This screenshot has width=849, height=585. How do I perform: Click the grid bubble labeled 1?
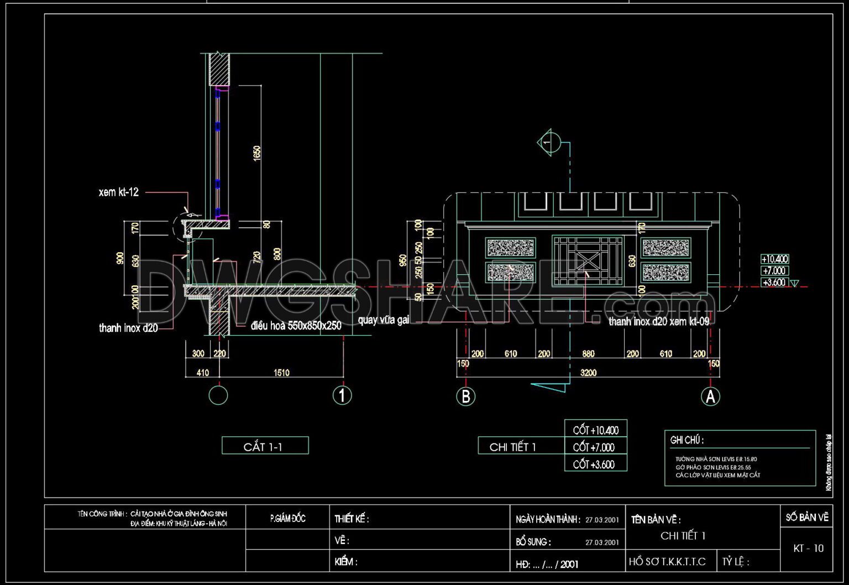click(342, 395)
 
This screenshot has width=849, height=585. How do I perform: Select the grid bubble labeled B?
click(465, 396)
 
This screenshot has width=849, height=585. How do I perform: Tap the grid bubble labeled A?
click(710, 396)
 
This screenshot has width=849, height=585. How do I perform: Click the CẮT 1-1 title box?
click(265, 446)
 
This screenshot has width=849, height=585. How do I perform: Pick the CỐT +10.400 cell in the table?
click(595, 430)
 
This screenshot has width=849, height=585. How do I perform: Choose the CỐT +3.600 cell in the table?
click(595, 464)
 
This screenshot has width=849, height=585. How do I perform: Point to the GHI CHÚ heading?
click(687, 440)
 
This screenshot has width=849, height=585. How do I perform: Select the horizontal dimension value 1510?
click(281, 373)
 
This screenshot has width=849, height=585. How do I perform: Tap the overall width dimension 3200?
click(588, 373)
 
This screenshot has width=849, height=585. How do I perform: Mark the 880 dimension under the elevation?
click(588, 354)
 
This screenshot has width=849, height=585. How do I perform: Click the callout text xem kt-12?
click(119, 192)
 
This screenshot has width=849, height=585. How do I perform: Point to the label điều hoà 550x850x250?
click(296, 326)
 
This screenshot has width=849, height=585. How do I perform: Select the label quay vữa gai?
click(383, 320)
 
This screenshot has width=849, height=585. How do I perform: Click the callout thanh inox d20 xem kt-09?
click(658, 321)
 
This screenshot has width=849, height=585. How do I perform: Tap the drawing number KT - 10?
click(808, 548)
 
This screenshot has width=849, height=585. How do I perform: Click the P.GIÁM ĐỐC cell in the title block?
click(287, 518)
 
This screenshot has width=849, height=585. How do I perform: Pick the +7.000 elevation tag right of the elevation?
click(774, 270)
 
